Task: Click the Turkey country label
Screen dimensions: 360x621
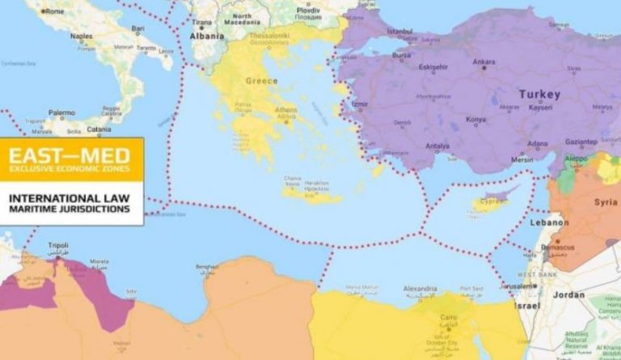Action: [x=539, y=94]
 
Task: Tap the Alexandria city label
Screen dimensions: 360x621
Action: [x=420, y=287]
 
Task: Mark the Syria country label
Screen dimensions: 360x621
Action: [x=606, y=201]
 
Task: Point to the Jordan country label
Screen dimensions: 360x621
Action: [x=568, y=295]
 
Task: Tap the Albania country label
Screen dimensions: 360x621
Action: [x=207, y=36]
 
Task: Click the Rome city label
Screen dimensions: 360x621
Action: [x=54, y=11]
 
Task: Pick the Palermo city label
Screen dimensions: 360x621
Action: [x=61, y=113]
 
